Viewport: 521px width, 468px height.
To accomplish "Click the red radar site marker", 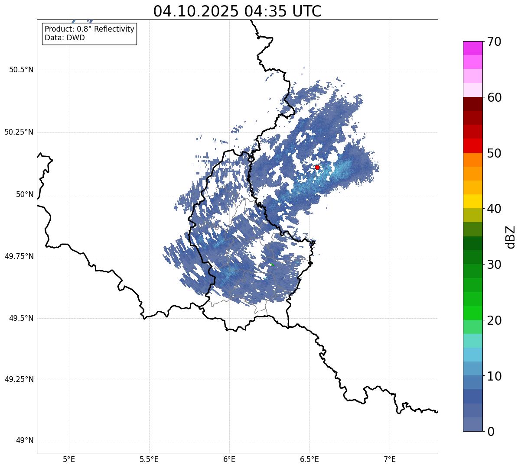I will (x=317, y=167).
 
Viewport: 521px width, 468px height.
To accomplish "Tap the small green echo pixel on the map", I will (x=272, y=265).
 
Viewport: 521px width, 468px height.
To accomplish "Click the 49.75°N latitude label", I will (x=19, y=256).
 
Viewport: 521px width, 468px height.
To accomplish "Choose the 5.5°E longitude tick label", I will (x=149, y=459).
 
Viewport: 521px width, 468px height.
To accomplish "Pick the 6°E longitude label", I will (x=229, y=459).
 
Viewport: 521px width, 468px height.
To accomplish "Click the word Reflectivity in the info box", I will (x=113, y=29).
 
